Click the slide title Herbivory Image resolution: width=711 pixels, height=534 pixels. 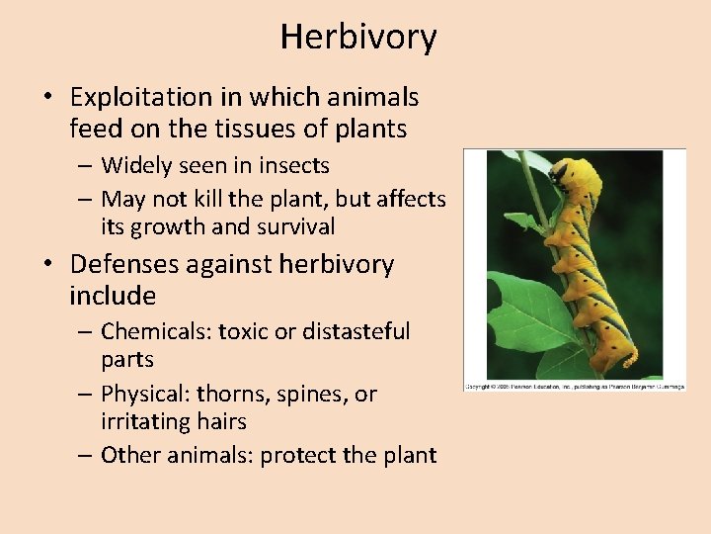pos(357,38)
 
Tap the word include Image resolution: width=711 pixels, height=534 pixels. pos(113,296)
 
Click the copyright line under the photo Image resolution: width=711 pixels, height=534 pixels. pos(575,385)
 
